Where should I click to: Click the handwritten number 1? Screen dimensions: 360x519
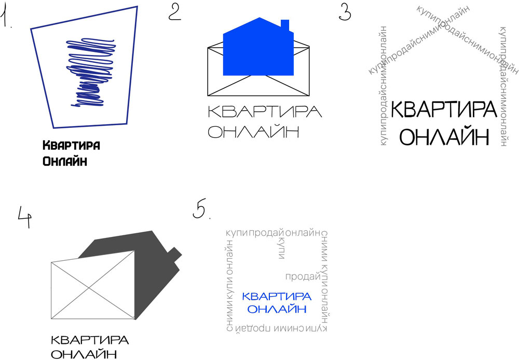pyautogui.click(x=7, y=17)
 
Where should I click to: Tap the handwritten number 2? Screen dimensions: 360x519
pyautogui.click(x=174, y=11)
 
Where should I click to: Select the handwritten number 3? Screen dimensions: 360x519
pyautogui.click(x=345, y=11)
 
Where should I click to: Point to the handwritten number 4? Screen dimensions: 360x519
pyautogui.click(x=24, y=217)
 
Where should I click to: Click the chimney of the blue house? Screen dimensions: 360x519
pyautogui.click(x=284, y=25)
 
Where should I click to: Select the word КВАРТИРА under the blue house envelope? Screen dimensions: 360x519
pyautogui.click(x=265, y=112)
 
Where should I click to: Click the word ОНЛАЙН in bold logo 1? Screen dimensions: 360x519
pyautogui.click(x=64, y=161)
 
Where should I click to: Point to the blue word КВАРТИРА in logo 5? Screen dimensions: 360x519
pyautogui.click(x=277, y=297)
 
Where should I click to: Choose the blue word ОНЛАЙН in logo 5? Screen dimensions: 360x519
pyautogui.click(x=277, y=309)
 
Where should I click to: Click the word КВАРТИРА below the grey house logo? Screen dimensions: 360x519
pyautogui.click(x=90, y=340)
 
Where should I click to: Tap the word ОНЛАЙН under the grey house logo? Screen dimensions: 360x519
pyautogui.click(x=84, y=355)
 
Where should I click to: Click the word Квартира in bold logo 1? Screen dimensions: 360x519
pyautogui.click(x=71, y=145)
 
